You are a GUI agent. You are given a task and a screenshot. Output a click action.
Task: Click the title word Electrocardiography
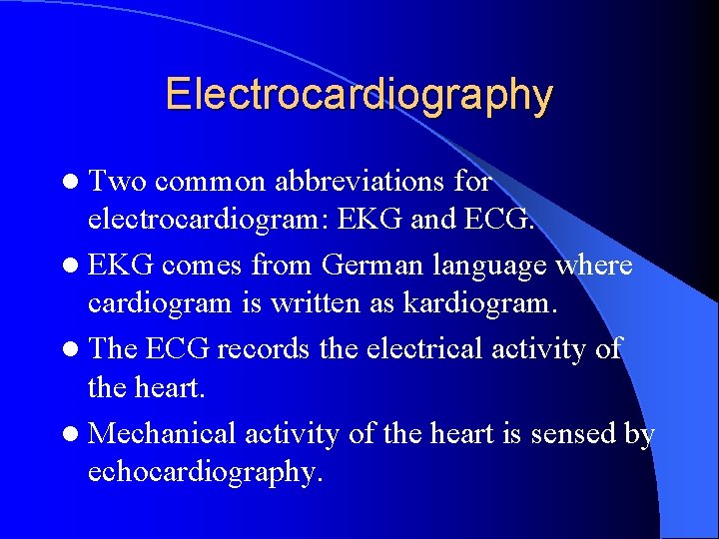coord(359,95)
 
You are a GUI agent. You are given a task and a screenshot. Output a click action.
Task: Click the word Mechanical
coord(163,433)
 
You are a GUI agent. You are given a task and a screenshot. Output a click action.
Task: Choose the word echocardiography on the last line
coord(205,471)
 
